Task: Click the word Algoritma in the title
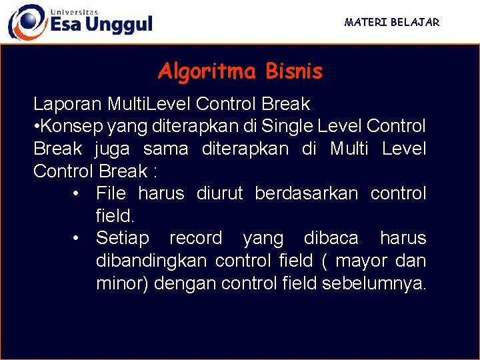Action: tap(207, 71)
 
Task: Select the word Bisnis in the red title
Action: tap(293, 71)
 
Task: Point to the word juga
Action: tap(115, 149)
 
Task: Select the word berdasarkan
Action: tap(307, 193)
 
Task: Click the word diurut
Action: tap(221, 193)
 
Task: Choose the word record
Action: tap(195, 238)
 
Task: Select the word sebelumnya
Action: tap(373, 283)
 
